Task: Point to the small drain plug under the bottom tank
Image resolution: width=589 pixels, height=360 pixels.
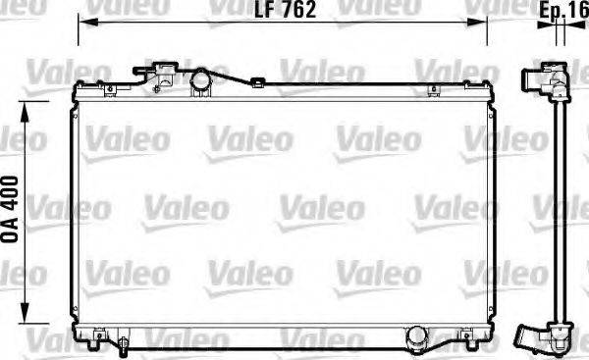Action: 126,343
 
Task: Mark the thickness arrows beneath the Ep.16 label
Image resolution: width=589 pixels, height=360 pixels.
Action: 560,31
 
